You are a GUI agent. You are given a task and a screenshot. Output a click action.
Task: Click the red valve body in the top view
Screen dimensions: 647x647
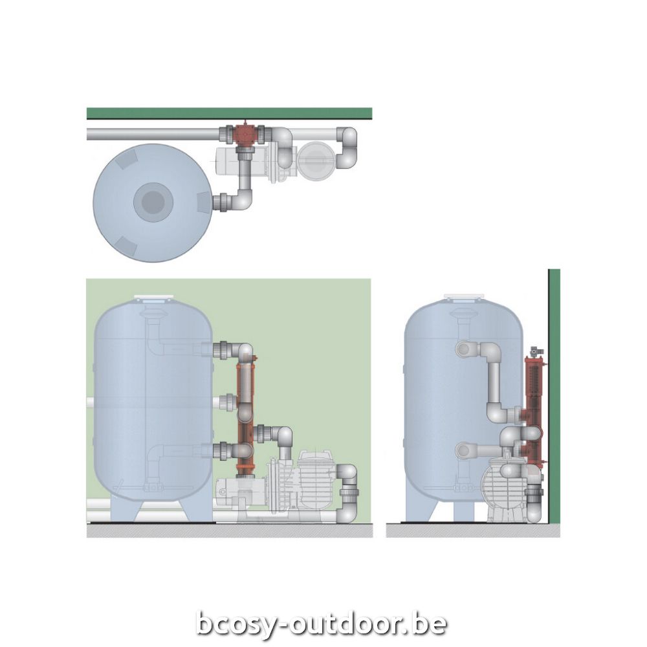click(245, 135)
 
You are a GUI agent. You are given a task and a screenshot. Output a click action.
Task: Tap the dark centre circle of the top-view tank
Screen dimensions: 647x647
click(153, 203)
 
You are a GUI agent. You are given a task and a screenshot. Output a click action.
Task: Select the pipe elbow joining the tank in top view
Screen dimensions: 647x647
click(241, 201)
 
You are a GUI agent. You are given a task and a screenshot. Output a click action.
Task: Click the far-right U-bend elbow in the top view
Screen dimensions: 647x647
click(348, 148)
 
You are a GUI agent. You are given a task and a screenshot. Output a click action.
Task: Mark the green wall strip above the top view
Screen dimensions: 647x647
click(229, 113)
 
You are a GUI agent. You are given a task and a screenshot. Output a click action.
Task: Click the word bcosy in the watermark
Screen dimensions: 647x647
click(240, 624)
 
